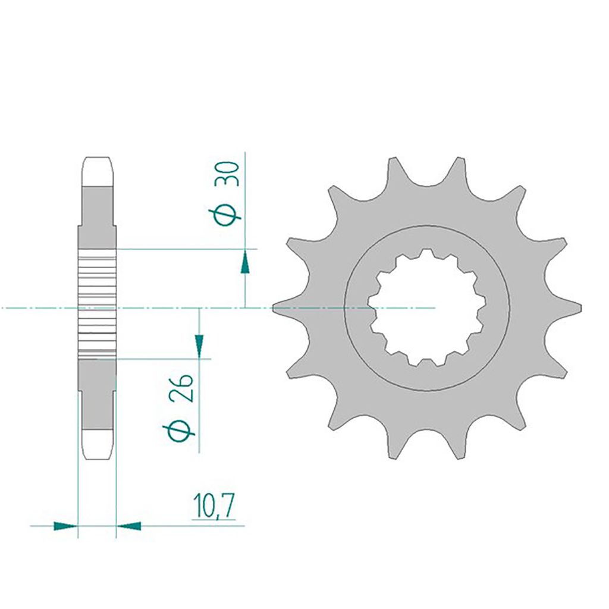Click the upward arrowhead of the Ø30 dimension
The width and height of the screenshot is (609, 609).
tap(245, 262)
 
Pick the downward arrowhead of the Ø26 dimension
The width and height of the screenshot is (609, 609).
tap(199, 344)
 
